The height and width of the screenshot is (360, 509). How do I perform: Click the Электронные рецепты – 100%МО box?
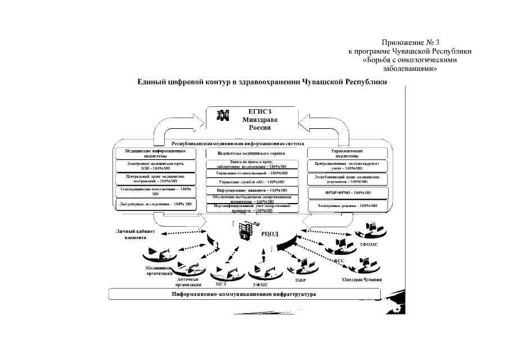(346, 206)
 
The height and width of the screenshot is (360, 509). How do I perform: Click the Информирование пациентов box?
(251, 191)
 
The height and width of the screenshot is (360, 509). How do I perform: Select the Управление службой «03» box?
(251, 182)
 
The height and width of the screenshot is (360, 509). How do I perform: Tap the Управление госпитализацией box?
(251, 174)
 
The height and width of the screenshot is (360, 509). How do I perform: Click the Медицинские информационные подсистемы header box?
(155, 153)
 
